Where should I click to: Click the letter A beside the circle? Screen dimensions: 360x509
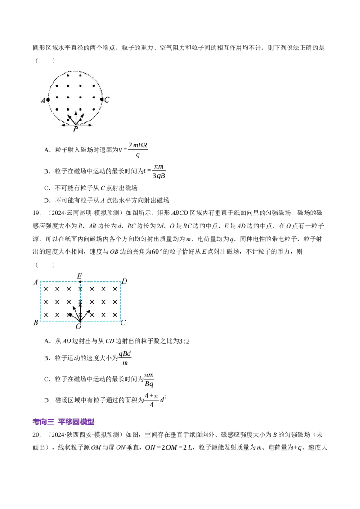pos(43,101)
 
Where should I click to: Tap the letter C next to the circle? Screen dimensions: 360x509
pos(107,100)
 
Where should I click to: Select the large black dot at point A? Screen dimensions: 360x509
pos(48,100)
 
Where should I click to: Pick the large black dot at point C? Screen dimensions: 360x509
pos(102,99)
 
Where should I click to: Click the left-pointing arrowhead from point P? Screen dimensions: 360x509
pos(62,125)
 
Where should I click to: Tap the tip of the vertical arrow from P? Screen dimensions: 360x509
pos(76,111)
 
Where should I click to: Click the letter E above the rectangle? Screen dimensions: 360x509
pos(80,275)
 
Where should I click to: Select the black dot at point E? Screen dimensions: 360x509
pos(80,282)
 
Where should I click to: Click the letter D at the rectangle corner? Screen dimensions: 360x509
pos(125,281)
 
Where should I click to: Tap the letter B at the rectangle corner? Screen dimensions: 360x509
pos(36,323)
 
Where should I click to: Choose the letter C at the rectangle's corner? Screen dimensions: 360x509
pos(123,323)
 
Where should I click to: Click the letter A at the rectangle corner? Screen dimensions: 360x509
pos(36,282)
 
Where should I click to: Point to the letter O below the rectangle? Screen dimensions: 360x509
pos(79,327)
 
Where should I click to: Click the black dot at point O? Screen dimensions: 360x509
pos(80,321)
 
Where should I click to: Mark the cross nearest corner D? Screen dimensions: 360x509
pos(115,289)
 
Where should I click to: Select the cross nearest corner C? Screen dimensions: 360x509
pos(115,315)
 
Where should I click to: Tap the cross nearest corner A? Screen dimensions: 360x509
pos(46,289)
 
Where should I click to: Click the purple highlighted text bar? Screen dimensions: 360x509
pos(64,422)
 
